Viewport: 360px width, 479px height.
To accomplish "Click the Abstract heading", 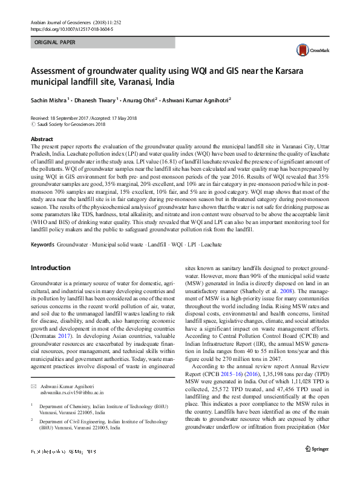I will pyautogui.click(x=42, y=139).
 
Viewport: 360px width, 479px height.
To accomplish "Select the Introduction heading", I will pyautogui.click(x=51, y=267).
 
